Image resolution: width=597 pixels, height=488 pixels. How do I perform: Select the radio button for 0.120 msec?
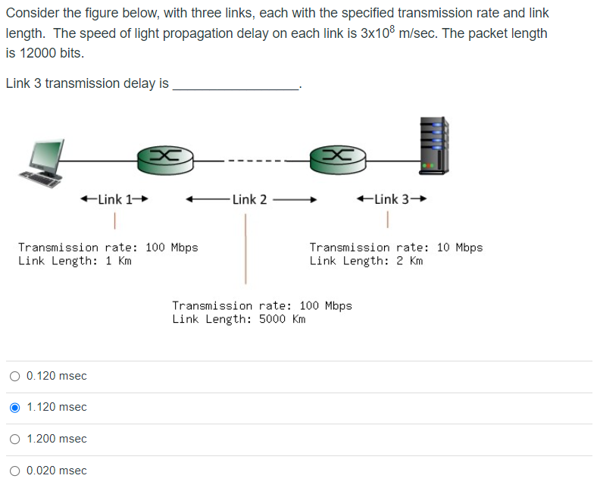tap(15, 376)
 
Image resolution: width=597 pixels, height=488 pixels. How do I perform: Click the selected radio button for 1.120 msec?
tap(15, 408)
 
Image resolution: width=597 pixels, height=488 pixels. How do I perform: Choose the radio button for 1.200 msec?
tap(15, 439)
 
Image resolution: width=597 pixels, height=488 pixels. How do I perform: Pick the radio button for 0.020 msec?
tap(15, 471)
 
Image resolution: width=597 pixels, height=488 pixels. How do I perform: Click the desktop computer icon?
tap(45, 162)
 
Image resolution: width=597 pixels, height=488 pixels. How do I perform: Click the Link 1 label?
tap(113, 199)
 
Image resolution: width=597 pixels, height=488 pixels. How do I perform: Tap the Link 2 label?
tap(249, 199)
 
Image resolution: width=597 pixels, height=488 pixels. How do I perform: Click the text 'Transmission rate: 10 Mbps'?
tap(395, 247)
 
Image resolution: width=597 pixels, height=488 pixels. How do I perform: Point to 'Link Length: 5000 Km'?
tap(239, 319)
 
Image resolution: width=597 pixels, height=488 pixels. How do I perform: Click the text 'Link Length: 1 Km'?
tap(75, 261)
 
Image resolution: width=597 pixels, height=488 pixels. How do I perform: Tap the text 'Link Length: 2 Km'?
tap(366, 261)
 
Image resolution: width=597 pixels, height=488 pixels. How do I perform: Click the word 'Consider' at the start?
tap(31, 13)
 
